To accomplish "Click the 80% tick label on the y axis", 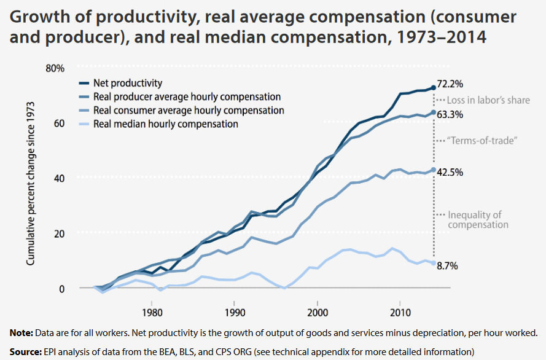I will click(55, 68).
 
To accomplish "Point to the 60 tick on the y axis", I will click(58, 123).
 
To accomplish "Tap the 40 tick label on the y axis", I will click(58, 178).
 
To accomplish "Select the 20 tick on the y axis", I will click(58, 233).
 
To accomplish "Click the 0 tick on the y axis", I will click(61, 289).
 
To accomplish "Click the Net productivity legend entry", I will click(127, 84).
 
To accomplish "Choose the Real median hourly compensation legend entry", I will click(165, 124).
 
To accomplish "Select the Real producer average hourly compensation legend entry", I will click(187, 97).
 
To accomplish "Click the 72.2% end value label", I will click(450, 84).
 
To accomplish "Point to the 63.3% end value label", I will click(450, 114).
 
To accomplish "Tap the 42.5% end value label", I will click(450, 172).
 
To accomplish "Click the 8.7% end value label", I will click(447, 266).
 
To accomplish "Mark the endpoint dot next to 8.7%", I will click(434, 263).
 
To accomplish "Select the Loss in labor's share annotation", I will click(488, 100).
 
